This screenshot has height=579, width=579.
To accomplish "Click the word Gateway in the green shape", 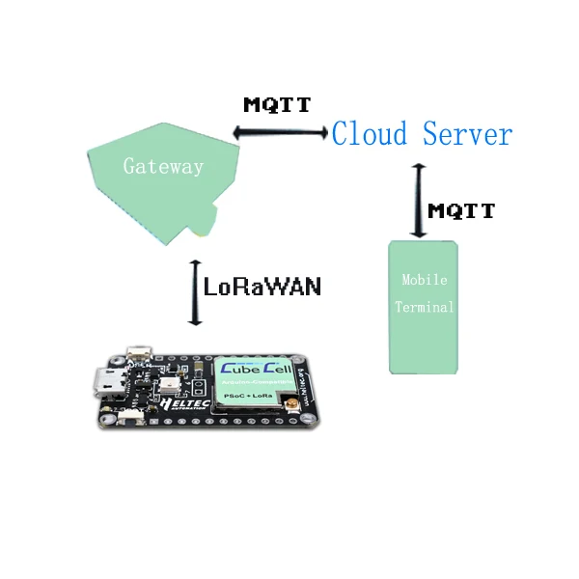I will [x=163, y=166].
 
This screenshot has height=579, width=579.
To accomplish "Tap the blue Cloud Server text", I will [x=422, y=133].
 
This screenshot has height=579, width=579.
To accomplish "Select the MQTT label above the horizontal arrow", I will [x=277, y=104].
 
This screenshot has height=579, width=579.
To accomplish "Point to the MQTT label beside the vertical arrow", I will [x=461, y=210].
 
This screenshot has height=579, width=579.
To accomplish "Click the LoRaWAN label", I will [x=262, y=287].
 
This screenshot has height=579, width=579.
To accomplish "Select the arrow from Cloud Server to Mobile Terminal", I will [x=419, y=200].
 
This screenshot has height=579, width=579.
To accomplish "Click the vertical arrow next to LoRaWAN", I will [x=195, y=292].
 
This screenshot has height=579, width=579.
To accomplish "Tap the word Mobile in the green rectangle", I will [x=425, y=280].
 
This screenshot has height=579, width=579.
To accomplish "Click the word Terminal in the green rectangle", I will [x=425, y=308].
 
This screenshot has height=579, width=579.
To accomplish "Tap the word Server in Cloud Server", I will [x=467, y=133].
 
